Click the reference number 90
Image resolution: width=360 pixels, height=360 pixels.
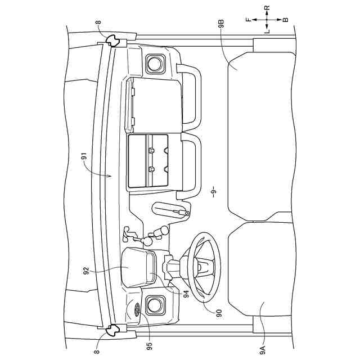pos(219,310)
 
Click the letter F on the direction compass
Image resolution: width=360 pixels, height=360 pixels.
pos(248,20)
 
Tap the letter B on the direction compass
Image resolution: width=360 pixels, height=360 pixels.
pos(285,20)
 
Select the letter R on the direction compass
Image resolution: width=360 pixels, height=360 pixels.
pos(267,8)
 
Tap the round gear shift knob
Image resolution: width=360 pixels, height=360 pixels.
pos(164,230)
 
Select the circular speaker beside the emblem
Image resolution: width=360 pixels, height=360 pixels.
pos(154,306)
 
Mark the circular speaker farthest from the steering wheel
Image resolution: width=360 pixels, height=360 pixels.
pos(154,64)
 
